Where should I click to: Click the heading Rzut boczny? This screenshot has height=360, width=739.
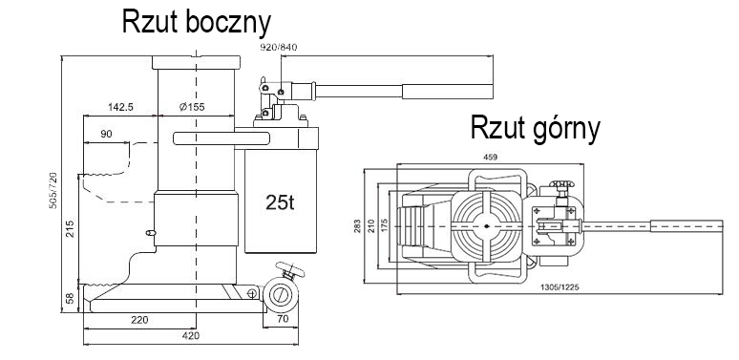(197, 22)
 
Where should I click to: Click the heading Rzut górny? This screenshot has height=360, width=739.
(536, 128)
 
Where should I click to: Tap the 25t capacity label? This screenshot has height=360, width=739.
(280, 202)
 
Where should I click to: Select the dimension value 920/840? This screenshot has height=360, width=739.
(279, 47)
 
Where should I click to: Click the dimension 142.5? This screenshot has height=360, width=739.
(120, 107)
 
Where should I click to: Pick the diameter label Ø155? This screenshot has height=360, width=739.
(192, 107)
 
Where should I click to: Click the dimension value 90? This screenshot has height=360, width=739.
(107, 134)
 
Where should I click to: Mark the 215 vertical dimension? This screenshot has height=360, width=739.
(70, 228)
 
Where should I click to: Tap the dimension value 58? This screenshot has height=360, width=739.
(70, 298)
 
